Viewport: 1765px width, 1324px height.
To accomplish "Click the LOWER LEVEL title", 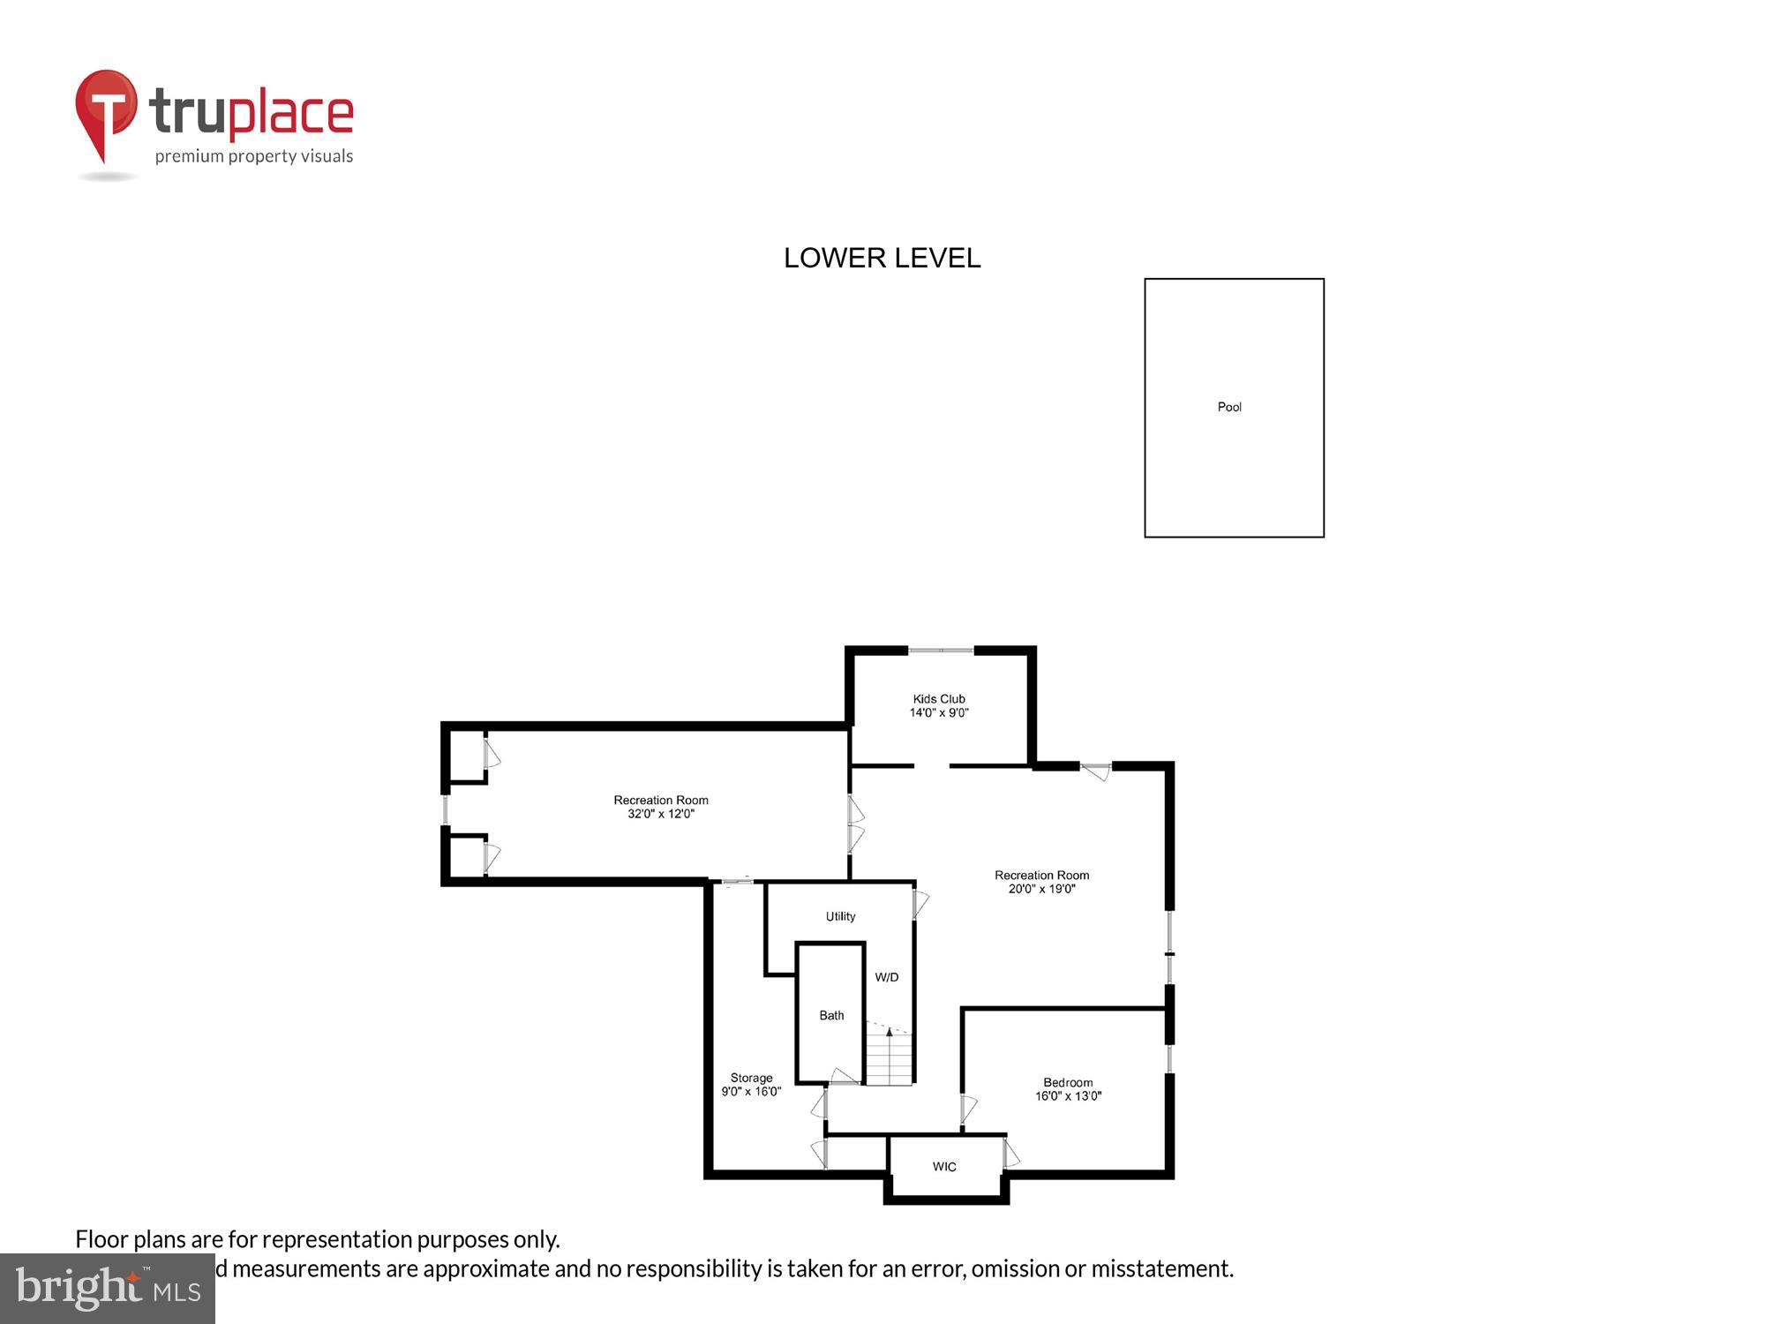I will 882,258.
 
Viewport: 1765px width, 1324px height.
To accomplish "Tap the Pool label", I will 1229,407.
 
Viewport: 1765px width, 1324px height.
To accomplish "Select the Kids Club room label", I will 939,699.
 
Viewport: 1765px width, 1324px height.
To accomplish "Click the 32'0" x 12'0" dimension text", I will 661,814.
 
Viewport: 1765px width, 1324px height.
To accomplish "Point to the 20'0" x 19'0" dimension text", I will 1041,889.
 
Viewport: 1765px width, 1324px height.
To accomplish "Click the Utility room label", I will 840,916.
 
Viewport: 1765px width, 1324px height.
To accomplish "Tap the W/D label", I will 887,977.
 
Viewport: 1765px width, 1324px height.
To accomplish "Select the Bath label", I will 831,1015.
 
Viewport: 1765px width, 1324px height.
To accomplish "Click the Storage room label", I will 751,1078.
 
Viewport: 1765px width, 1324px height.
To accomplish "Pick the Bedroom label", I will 1068,1082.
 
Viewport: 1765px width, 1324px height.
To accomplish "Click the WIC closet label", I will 944,1167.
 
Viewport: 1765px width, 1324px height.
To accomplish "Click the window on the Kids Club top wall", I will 941,651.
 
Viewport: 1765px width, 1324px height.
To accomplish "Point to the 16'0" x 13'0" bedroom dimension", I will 1068,1096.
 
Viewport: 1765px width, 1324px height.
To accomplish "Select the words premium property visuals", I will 254,157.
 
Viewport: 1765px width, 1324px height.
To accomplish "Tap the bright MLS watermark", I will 108,1289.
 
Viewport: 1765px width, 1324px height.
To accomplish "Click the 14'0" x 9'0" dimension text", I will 939,712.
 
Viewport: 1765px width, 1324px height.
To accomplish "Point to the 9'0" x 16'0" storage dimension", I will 751,1092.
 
